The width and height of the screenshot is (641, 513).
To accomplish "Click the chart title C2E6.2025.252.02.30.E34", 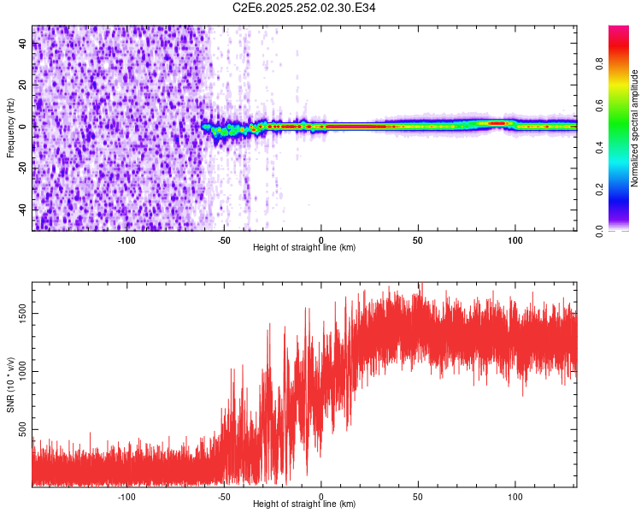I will (304, 9).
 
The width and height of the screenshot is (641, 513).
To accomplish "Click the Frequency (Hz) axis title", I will (10, 128).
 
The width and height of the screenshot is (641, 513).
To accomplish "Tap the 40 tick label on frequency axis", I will (23, 44).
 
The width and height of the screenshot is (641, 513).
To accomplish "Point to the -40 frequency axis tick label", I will (23, 209).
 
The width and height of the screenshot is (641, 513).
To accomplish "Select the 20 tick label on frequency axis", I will (23, 85).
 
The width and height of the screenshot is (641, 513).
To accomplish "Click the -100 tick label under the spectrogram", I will (126, 240).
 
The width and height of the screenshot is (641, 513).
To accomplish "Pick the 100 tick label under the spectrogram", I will (515, 240).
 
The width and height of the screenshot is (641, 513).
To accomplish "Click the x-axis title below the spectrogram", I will (304, 248).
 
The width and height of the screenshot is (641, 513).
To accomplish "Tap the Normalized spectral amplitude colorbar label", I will (635, 129).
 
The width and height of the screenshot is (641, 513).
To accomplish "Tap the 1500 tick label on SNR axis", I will (23, 314).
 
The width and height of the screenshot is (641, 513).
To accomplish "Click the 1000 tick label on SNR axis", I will (23, 371).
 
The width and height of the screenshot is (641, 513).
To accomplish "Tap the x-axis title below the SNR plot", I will (304, 504).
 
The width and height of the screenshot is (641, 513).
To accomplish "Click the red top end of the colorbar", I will (619, 31).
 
